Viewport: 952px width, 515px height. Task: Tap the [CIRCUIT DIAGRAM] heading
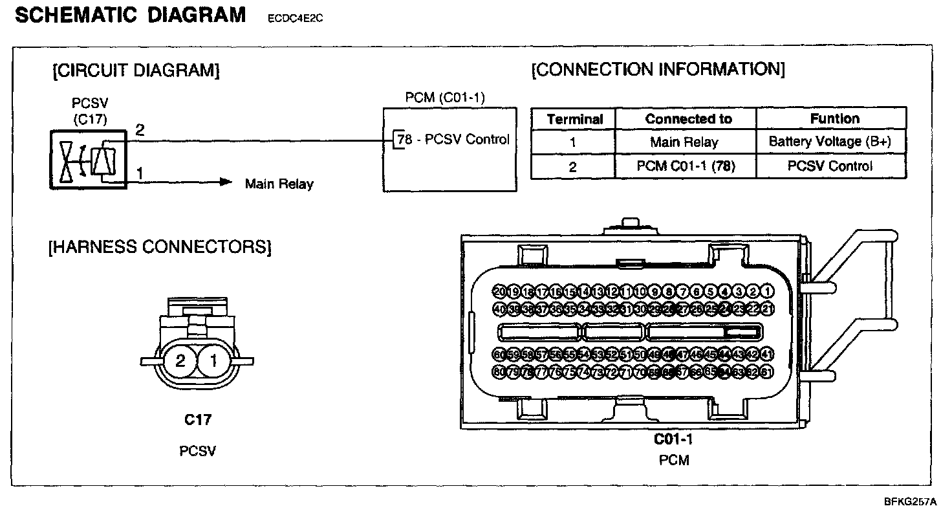coord(136,71)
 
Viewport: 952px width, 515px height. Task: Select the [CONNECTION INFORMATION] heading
coord(658,69)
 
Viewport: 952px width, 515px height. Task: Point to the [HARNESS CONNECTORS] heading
coord(159,247)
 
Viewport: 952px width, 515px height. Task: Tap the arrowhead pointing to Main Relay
coord(225,182)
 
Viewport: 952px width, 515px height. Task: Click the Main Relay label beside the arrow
coord(279,184)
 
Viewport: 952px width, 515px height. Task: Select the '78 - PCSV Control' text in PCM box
coord(453,139)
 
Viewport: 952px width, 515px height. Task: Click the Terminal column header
coord(574,119)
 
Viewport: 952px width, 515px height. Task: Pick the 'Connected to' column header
coord(688,119)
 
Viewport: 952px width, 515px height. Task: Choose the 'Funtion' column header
coord(834,119)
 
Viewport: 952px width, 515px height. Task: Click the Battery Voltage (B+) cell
coord(830,142)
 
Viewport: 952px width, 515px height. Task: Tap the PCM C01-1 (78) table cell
coord(686,166)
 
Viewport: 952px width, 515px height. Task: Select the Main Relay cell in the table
coord(684,142)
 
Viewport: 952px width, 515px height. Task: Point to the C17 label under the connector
coord(198,421)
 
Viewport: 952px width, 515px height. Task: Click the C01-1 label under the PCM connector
coord(673,440)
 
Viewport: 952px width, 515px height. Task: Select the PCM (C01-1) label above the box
coord(445,98)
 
